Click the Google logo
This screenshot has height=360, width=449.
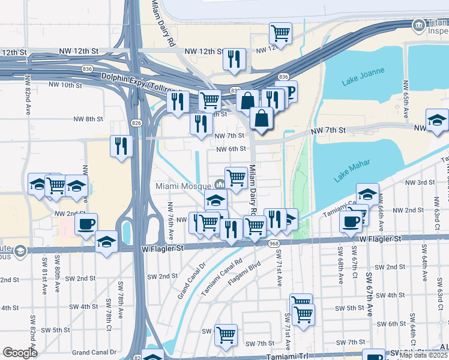coord(20,353)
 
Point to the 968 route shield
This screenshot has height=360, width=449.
coord(274,242)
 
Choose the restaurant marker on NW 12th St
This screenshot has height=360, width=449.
coord(234,59)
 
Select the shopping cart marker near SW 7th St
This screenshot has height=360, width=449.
coord(226,335)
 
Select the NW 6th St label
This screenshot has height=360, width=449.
coord(231,149)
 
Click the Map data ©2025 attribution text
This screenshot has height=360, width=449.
coord(424,355)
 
